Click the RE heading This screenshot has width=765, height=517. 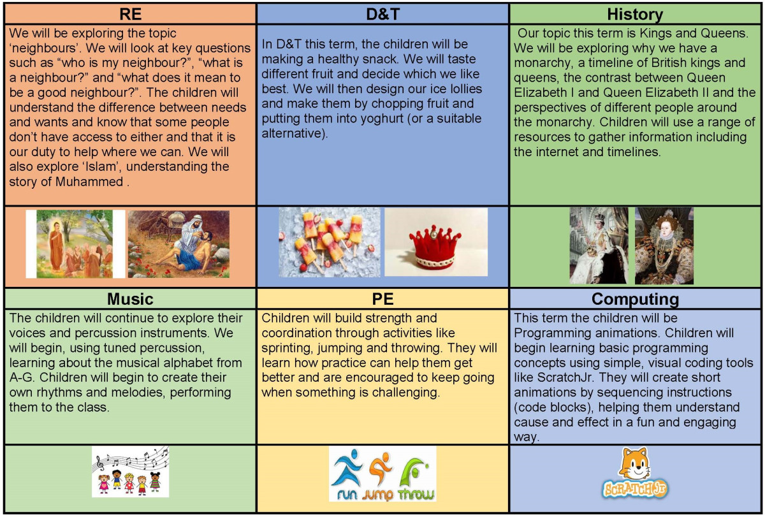[130, 14]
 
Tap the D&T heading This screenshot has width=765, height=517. [382, 14]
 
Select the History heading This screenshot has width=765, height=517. [635, 14]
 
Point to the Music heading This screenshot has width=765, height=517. [130, 299]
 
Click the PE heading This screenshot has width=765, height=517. [382, 299]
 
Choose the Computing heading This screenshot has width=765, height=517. [635, 299]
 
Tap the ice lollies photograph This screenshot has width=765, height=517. [329, 242]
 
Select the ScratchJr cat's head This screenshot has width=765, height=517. [635, 463]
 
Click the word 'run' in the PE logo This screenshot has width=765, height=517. [347, 494]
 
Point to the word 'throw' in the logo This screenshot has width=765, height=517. [416, 494]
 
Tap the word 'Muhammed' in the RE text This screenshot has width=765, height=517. [89, 182]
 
